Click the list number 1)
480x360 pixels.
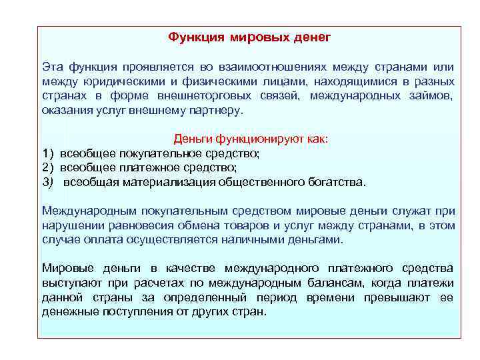49,154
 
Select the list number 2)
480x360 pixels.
49,168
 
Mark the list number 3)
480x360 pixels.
49,182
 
